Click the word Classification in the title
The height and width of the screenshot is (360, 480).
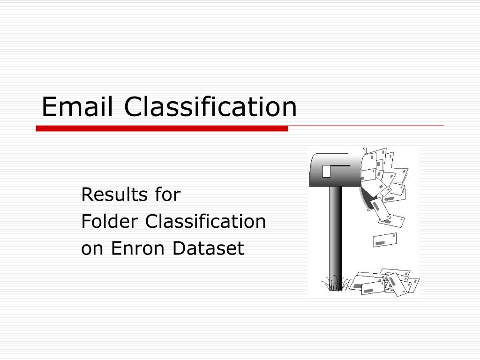point(210,106)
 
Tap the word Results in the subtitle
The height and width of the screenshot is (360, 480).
point(108,194)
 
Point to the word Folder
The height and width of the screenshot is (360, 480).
point(110,221)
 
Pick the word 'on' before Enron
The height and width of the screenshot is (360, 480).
point(92,248)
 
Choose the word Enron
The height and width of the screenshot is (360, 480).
point(139,248)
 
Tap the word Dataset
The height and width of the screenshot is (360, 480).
point(208,248)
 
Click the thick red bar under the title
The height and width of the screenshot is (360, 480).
point(162,128)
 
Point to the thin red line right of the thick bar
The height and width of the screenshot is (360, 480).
point(366,126)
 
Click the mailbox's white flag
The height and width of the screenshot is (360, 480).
point(326,172)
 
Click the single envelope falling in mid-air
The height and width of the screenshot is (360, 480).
point(385,240)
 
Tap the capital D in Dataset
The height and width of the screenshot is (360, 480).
point(179,248)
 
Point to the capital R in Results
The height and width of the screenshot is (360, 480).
point(87,194)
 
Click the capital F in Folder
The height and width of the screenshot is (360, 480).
point(86,221)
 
